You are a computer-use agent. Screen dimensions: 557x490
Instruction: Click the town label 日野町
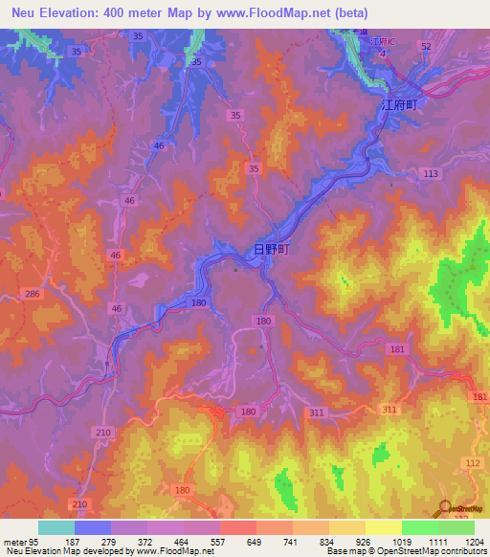[x=271, y=249]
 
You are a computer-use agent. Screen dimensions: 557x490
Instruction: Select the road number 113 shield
[x=430, y=173]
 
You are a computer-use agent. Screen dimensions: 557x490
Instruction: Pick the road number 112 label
[x=470, y=462]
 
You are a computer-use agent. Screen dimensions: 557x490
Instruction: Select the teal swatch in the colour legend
[x=56, y=527]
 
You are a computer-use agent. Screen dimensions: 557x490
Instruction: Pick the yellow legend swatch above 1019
[x=383, y=527]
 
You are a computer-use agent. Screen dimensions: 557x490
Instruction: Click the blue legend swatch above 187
[x=93, y=527]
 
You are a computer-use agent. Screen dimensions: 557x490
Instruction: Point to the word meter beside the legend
[x=12, y=541]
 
